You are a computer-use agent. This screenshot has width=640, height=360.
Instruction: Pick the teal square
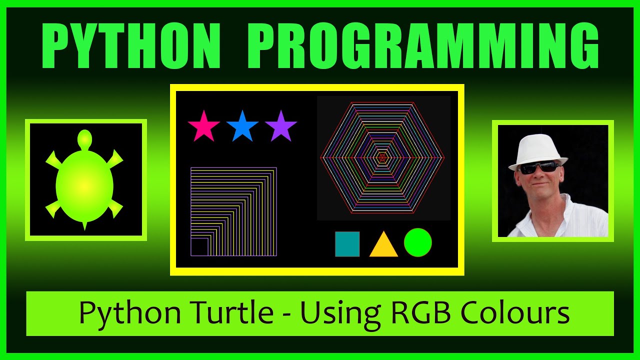(347, 244)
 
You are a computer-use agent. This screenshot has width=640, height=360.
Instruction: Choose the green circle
(417, 242)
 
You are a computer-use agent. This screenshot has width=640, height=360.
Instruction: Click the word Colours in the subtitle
(515, 313)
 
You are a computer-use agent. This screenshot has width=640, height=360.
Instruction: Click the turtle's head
(85, 138)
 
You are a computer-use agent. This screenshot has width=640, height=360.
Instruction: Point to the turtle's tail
(84, 225)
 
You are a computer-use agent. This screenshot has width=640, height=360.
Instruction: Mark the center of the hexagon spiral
(382, 157)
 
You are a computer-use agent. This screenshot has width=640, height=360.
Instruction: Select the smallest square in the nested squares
(200, 247)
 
